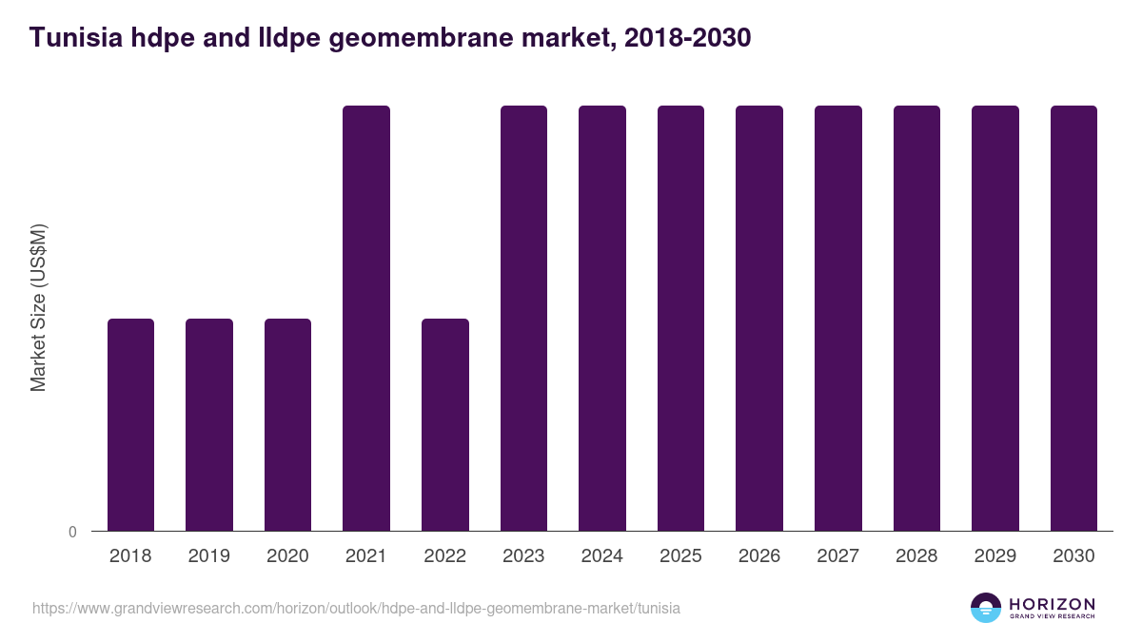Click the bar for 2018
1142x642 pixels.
(130, 424)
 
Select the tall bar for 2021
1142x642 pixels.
(366, 318)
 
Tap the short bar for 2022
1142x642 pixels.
(445, 424)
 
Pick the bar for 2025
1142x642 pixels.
(680, 318)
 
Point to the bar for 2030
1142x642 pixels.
(1073, 318)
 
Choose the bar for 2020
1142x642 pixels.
(287, 424)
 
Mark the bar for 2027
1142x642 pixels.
(838, 318)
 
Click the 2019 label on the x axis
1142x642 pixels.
(209, 556)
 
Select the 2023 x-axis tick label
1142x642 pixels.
(523, 556)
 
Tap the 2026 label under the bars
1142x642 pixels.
(759, 556)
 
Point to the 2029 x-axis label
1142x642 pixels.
(995, 556)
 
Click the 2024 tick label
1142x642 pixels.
(602, 556)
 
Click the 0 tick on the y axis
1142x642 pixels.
(73, 532)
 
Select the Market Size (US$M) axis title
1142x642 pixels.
(38, 307)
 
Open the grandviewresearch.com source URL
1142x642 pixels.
(356, 608)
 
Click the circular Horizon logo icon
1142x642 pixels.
(985, 608)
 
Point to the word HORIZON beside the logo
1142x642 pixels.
(1052, 604)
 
